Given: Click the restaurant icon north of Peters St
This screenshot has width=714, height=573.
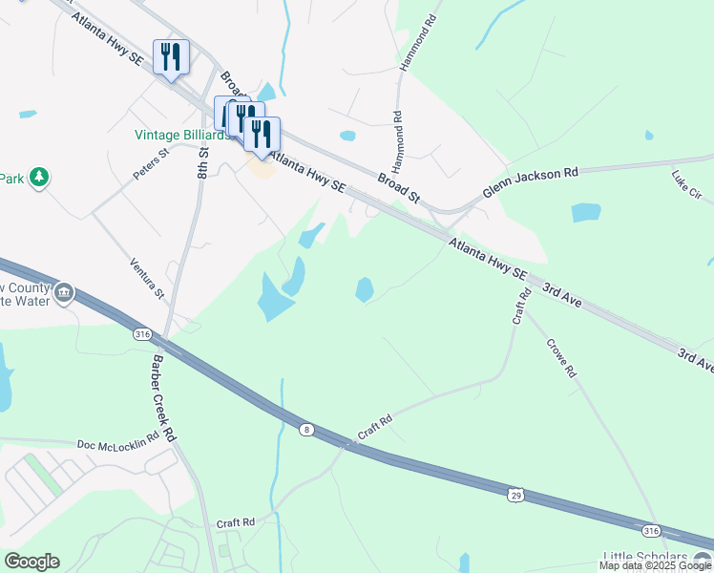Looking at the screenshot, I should coord(171,57).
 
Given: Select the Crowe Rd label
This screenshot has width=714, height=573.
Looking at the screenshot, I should coord(562,358).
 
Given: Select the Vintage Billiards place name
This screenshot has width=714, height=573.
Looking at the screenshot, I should coord(181,136).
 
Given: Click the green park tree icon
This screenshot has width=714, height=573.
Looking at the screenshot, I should coord(39,177).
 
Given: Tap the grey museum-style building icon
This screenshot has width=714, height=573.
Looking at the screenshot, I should coord(64,292).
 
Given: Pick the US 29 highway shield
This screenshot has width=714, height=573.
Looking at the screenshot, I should coord(515,496).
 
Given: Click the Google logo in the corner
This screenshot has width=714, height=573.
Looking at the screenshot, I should coord(31,562).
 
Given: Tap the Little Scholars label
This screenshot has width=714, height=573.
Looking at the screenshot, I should coord(645,558).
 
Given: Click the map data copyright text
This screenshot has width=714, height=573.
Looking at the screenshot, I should coord(655,566).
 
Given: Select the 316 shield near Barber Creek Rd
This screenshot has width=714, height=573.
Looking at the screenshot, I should coord(143,333).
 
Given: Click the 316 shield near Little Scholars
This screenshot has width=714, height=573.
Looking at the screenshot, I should coord(651,530).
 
